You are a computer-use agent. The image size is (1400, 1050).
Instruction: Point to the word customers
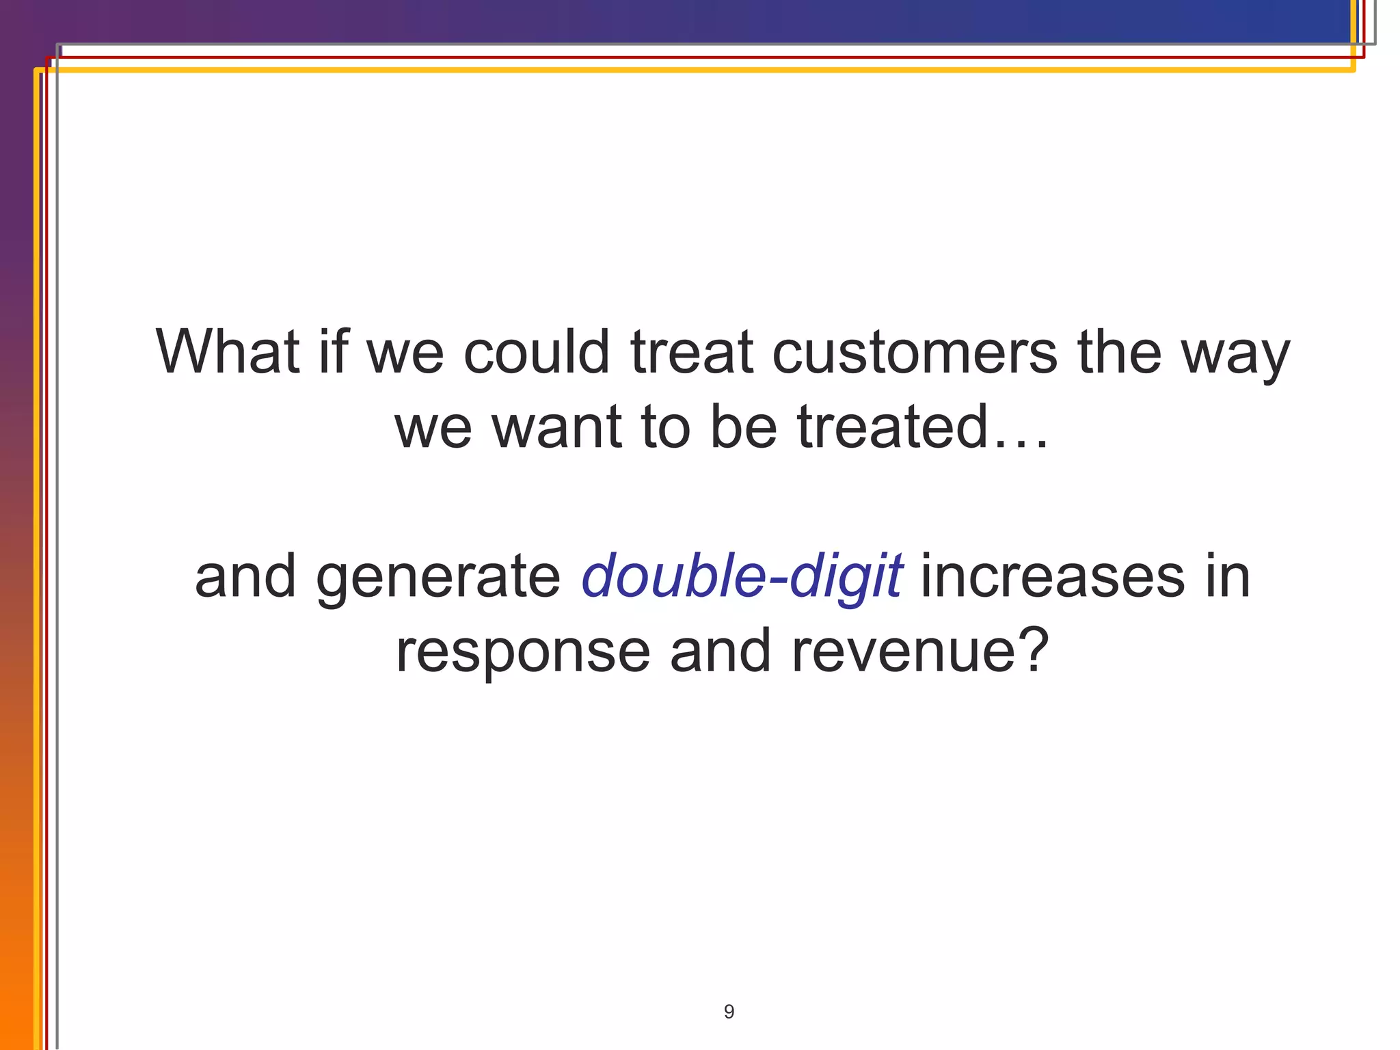click(x=915, y=353)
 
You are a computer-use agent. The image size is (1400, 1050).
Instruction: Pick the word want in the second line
click(x=556, y=427)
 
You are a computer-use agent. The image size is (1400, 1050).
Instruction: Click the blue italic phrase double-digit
click(x=742, y=578)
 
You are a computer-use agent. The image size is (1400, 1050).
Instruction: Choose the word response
click(x=523, y=654)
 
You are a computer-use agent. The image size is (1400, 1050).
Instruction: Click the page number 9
click(x=729, y=1011)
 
